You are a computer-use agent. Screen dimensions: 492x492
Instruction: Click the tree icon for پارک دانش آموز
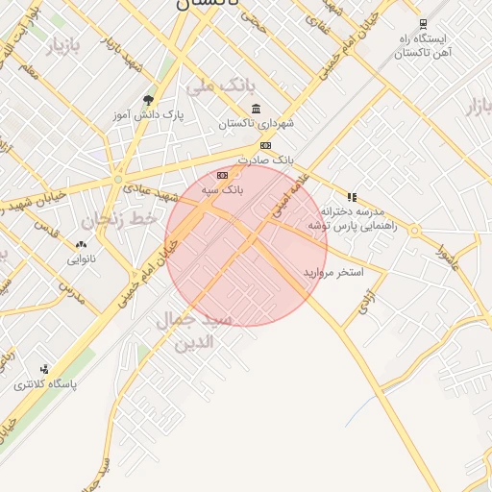point(147,100)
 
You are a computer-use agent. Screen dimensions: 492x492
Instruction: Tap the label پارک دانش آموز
point(147,114)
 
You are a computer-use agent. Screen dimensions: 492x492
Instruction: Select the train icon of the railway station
point(423,25)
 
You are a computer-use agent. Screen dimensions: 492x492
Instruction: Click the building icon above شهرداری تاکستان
point(255,109)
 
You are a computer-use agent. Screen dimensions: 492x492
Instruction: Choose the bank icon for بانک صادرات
point(266,145)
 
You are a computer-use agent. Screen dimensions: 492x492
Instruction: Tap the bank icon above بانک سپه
point(223,175)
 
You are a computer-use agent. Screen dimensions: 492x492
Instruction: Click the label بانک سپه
point(222,190)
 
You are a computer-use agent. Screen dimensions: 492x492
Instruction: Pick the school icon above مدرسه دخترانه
point(352,197)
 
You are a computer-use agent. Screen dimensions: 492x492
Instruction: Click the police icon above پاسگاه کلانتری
point(44,369)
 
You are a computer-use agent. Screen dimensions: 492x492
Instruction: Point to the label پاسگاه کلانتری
point(45,384)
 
